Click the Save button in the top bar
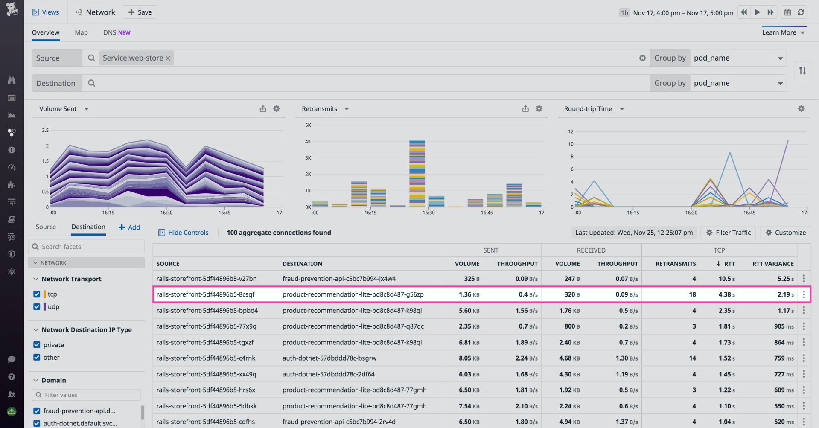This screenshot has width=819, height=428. point(140,12)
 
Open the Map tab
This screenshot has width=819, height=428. point(81,32)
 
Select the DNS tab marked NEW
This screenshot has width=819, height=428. point(117,32)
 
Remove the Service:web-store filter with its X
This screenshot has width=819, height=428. point(168,58)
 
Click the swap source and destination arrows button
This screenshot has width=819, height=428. point(802,71)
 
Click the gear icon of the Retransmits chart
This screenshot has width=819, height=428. point(539,109)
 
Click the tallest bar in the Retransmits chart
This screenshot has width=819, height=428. point(417,173)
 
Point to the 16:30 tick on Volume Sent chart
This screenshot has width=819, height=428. point(166,212)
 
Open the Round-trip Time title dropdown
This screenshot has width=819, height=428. point(622,109)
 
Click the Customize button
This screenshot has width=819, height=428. point(786,233)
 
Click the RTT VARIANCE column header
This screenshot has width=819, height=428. point(773,264)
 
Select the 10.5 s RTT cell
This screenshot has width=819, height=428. point(726,279)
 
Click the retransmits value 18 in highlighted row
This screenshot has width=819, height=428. point(692,294)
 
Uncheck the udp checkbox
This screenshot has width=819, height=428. point(37,306)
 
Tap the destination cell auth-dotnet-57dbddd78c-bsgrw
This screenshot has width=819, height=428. point(329,358)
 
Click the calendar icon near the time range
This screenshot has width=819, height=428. point(787,12)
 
